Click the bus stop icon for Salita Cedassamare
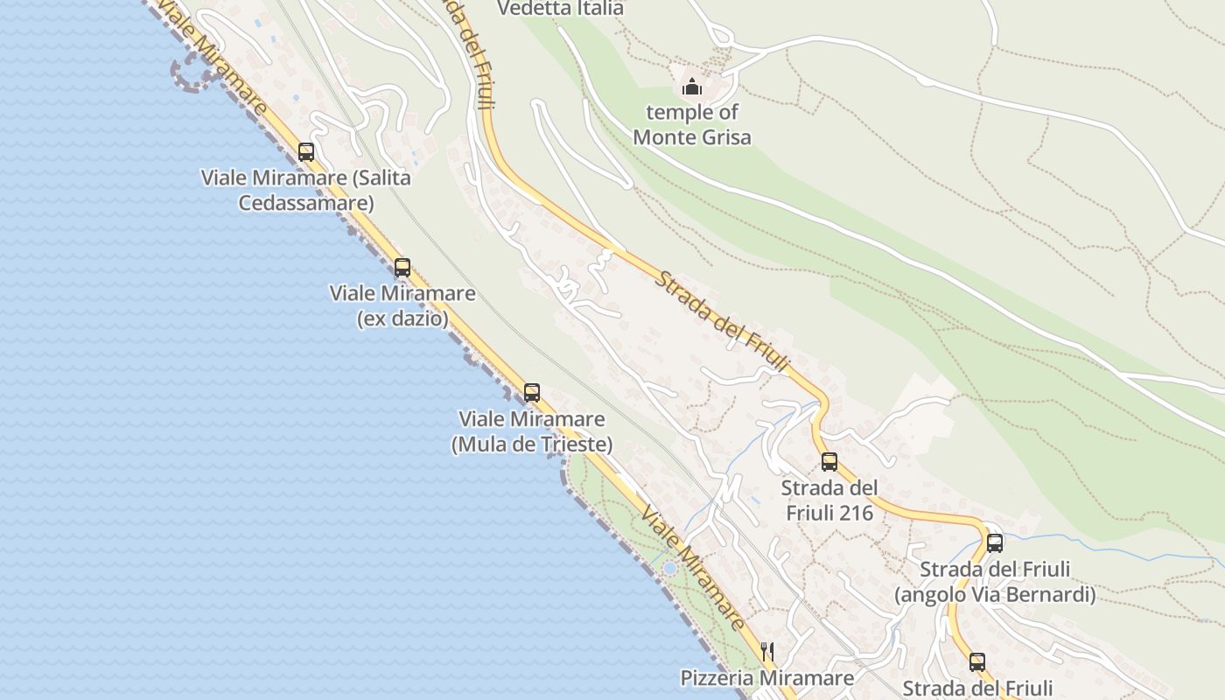point(306,151)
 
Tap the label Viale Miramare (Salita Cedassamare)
point(305,190)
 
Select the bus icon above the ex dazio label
point(402,268)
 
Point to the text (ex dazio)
point(402,318)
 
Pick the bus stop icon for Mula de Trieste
point(532,393)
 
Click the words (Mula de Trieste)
point(532,444)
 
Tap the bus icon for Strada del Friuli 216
point(829,461)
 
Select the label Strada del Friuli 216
point(829,500)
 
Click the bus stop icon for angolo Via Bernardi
point(995,542)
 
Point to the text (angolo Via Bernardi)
point(995,595)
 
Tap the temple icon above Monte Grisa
point(692,87)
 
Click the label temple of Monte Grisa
point(692,124)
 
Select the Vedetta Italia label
point(560,9)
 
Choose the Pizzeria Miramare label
point(767,678)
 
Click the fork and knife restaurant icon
point(767,651)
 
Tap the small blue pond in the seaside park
point(669,569)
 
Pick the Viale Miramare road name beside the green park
point(692,566)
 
